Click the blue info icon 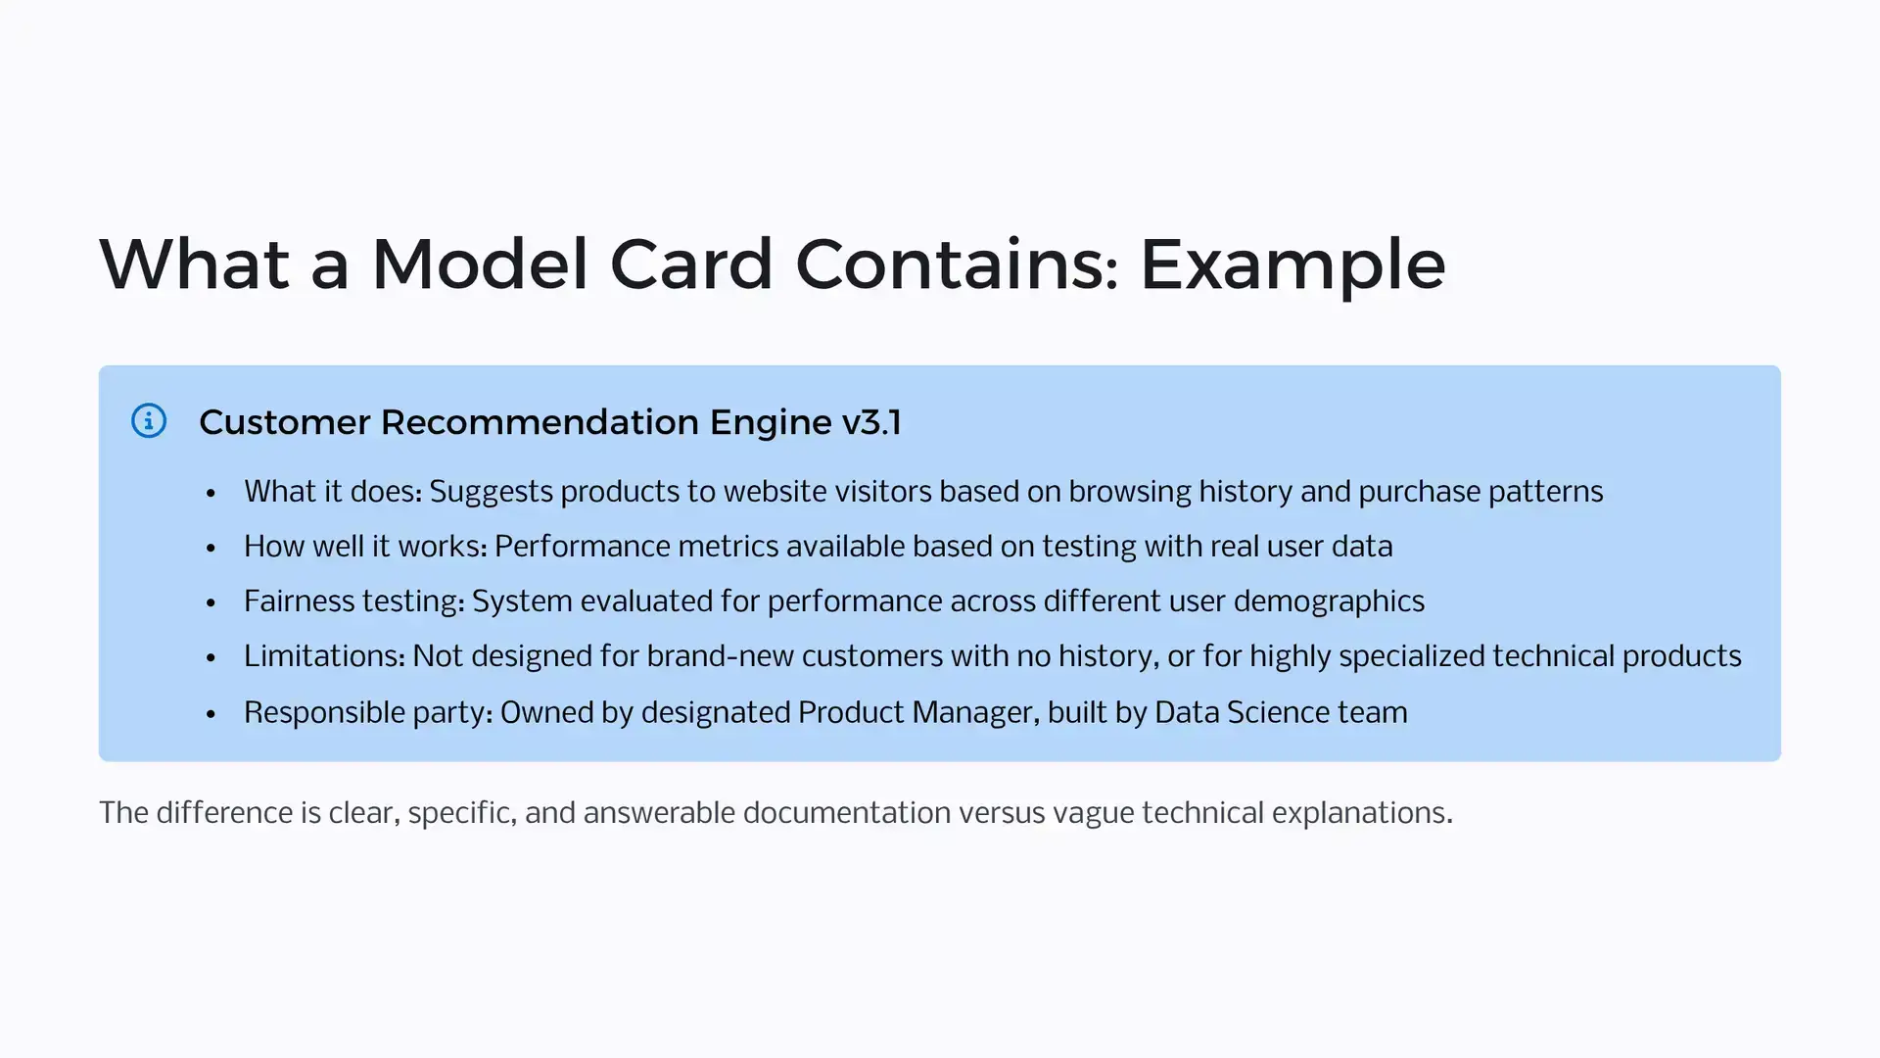tap(149, 421)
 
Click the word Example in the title tap(1292, 265)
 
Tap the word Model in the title tap(480, 264)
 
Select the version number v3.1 tap(871, 422)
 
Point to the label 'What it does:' tap(333, 492)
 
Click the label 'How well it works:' tap(365, 547)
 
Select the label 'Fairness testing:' tap(354, 602)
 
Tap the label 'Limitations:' tap(324, 656)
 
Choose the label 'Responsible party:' tap(368, 713)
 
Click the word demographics tap(1329, 602)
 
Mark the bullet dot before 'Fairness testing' tap(211, 603)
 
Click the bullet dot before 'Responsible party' tap(211, 714)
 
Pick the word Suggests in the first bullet tap(491, 493)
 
